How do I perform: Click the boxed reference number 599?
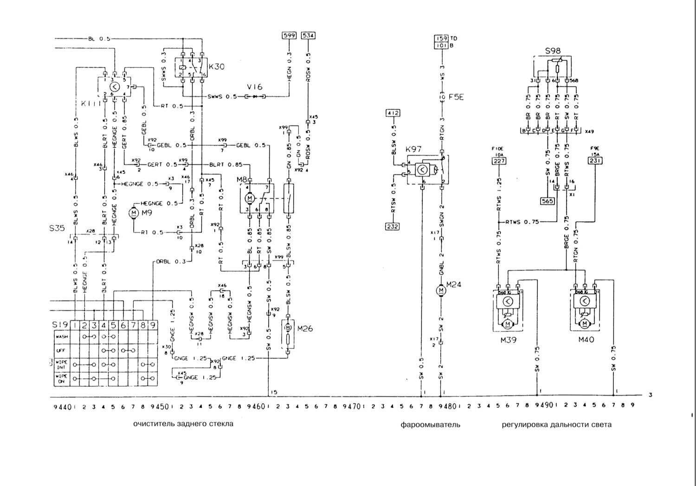tap(289, 35)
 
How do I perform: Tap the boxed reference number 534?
tap(308, 35)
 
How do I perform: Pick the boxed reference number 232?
tap(392, 226)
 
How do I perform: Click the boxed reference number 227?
tap(499, 161)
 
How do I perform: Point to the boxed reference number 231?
tap(595, 161)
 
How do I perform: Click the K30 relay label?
tap(216, 67)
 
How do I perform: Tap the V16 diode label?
tap(254, 87)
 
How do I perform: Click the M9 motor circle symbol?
tap(134, 212)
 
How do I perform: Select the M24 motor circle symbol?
tap(441, 290)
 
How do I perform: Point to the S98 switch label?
tap(553, 51)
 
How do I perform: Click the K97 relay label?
tap(413, 149)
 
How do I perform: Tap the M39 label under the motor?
tap(508, 339)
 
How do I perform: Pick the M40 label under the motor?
tap(586, 339)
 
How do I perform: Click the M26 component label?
tap(305, 328)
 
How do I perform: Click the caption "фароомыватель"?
tap(431, 424)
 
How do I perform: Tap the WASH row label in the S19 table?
tap(61, 337)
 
